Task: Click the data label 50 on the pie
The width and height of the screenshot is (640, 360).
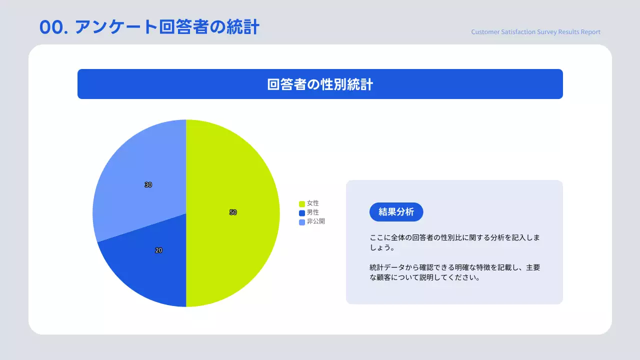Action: click(233, 212)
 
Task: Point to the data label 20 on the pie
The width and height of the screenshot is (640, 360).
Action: click(158, 250)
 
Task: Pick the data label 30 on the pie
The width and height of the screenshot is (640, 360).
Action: click(148, 185)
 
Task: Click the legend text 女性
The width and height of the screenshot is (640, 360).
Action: click(313, 203)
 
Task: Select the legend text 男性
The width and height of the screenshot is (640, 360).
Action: click(313, 212)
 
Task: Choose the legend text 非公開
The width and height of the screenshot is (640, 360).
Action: click(316, 221)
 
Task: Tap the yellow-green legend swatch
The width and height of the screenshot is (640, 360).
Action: click(302, 204)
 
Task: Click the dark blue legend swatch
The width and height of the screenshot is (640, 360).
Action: click(302, 213)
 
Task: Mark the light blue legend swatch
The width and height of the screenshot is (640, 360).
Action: click(302, 222)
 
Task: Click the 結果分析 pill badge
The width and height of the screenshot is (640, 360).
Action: click(396, 212)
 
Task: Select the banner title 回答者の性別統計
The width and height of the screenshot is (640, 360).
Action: click(320, 84)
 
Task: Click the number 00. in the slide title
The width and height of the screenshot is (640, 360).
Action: click(53, 27)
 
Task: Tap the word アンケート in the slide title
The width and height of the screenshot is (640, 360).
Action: click(116, 27)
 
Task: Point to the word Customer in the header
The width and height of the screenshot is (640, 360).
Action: click(485, 32)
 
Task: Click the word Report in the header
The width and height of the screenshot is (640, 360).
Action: click(590, 32)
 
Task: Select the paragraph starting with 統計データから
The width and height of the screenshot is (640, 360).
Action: click(454, 272)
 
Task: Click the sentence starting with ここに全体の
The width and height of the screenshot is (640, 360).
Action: click(454, 242)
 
